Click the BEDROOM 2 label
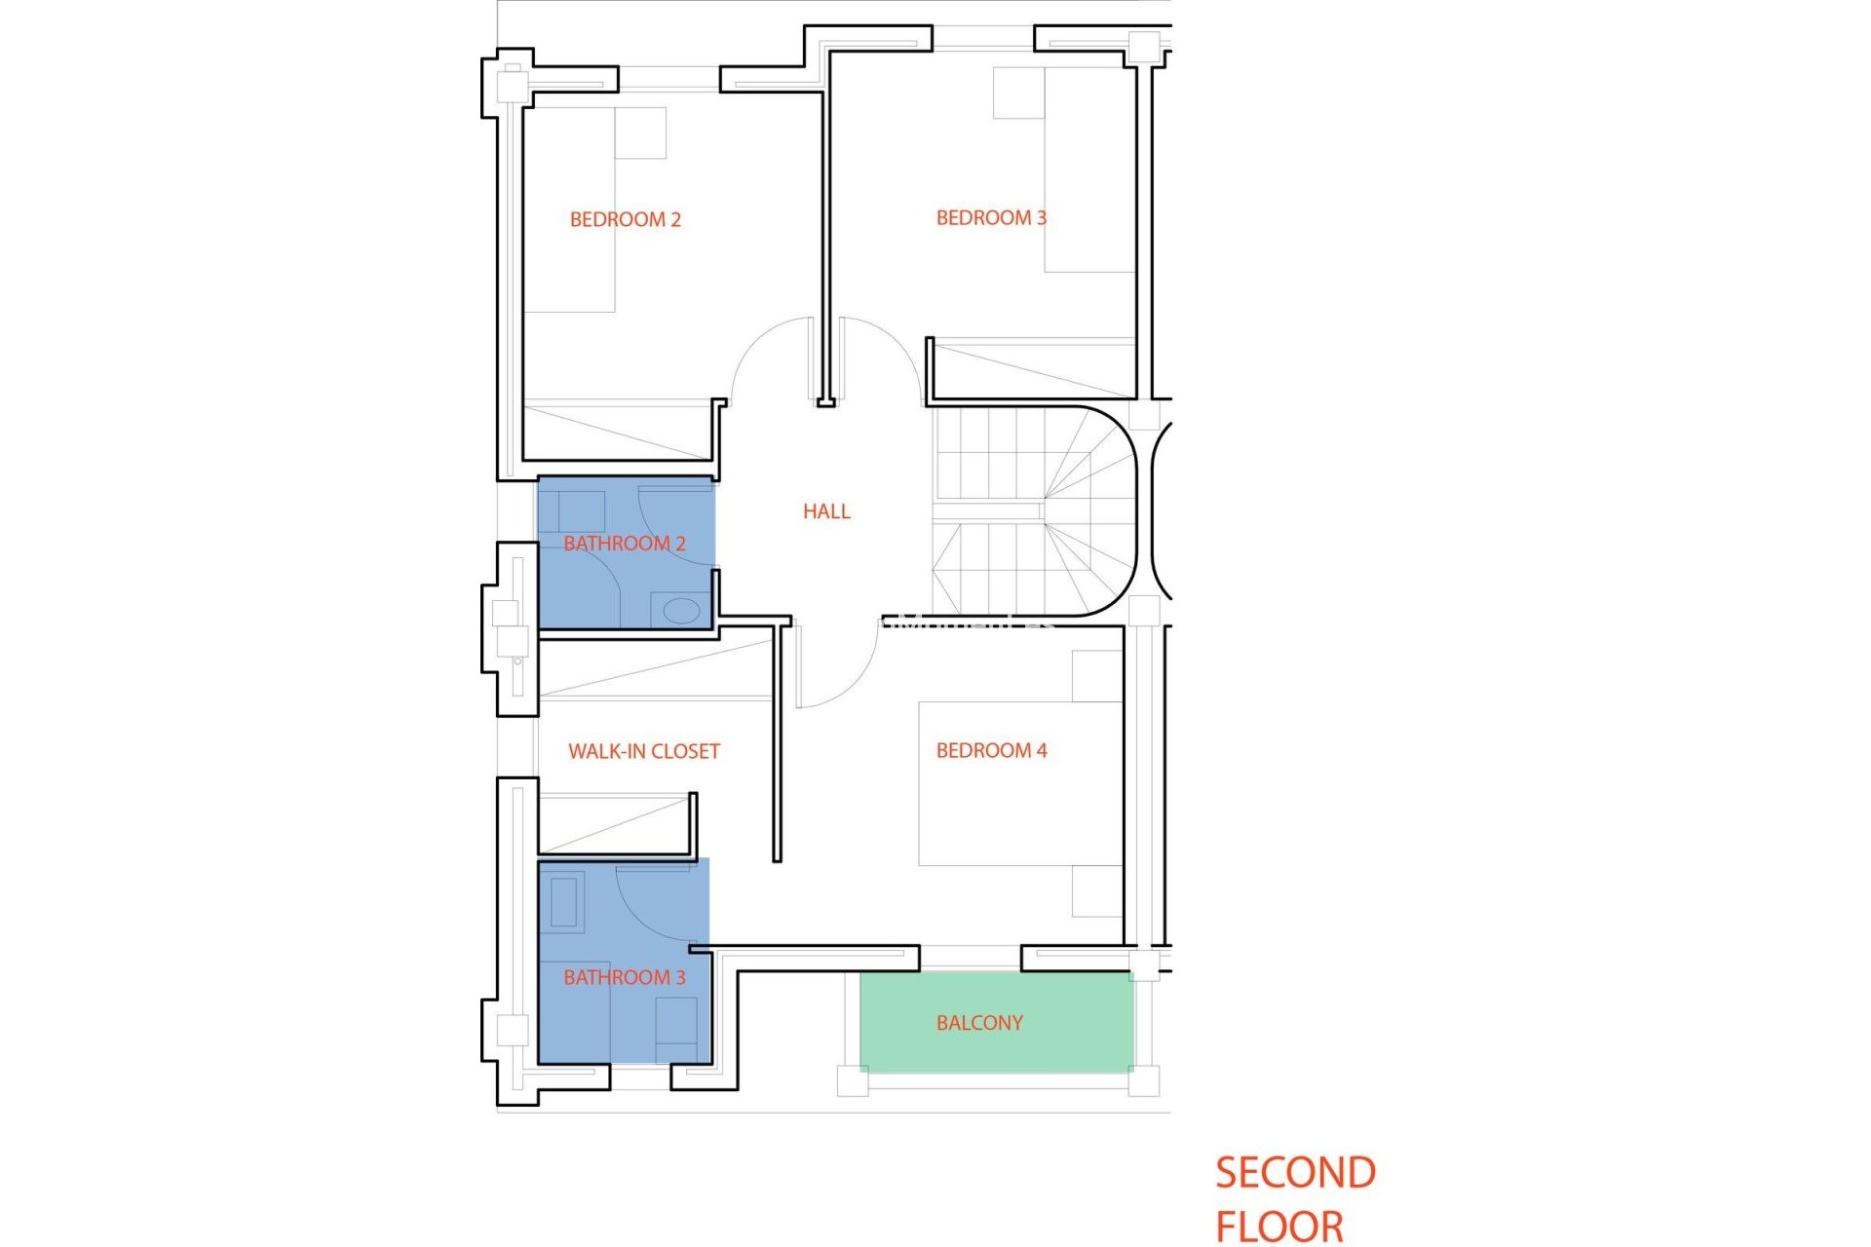(x=625, y=220)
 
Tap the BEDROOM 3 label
(x=991, y=218)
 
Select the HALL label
(x=826, y=511)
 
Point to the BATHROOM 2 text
(x=625, y=544)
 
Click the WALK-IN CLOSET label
(x=644, y=752)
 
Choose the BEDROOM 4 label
(x=991, y=751)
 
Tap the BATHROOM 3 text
(x=625, y=978)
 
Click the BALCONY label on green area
(x=979, y=1023)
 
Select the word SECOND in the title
(x=1295, y=1173)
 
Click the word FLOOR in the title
(x=1279, y=1226)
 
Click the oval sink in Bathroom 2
(x=681, y=612)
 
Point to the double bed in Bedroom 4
(x=1018, y=784)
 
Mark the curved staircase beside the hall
(x=1033, y=511)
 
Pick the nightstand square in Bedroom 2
(x=640, y=133)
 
